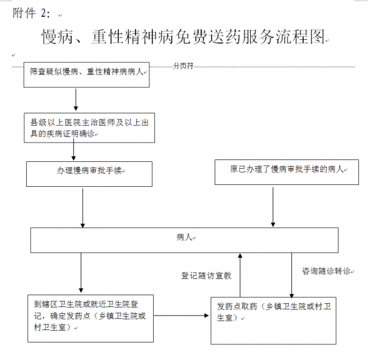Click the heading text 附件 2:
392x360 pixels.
coord(31,13)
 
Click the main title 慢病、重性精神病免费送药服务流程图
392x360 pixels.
coord(184,37)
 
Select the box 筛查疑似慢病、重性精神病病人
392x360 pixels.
coord(86,75)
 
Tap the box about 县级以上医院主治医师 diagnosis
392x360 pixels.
coord(89,128)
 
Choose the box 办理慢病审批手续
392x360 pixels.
coord(89,174)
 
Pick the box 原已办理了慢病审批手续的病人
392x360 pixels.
coord(287,172)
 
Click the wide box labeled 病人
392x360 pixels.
coord(184,240)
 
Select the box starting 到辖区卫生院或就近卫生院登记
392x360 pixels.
coord(90,318)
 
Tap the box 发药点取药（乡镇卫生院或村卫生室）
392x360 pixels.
coord(274,321)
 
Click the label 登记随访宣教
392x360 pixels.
coord(207,276)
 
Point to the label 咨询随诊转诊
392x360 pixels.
coord(327,271)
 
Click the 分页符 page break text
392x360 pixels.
coord(184,66)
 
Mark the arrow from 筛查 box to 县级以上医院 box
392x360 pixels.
coord(76,99)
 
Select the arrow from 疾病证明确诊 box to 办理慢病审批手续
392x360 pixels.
coord(73,149)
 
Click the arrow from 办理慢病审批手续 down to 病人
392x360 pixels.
coord(83,208)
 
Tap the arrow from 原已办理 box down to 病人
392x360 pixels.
coord(273,207)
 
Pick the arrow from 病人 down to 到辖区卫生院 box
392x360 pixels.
coord(81,273)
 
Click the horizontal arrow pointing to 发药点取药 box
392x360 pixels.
coord(181,316)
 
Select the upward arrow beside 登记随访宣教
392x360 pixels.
coord(240,275)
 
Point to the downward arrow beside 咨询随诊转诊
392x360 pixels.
coord(291,275)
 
